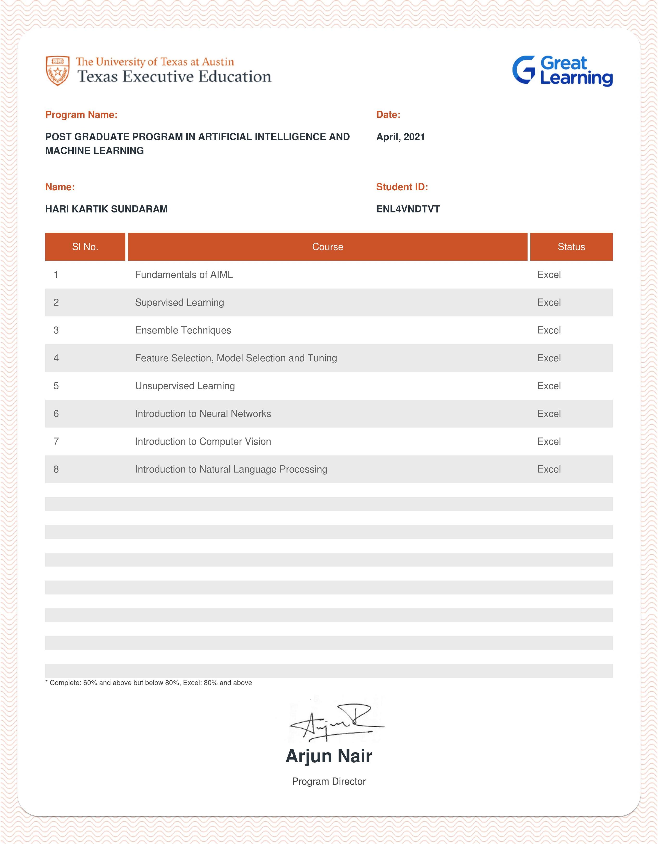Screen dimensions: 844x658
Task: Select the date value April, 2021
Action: tap(400, 137)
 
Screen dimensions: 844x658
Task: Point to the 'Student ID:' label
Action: tap(402, 187)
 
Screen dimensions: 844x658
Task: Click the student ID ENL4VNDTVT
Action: tap(408, 209)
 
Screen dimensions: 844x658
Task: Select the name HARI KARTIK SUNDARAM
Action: tap(106, 209)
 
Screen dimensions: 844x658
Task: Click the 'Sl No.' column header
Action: tap(85, 247)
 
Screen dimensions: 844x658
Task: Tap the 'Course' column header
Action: tap(327, 247)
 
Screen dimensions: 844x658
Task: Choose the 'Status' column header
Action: tap(571, 247)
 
